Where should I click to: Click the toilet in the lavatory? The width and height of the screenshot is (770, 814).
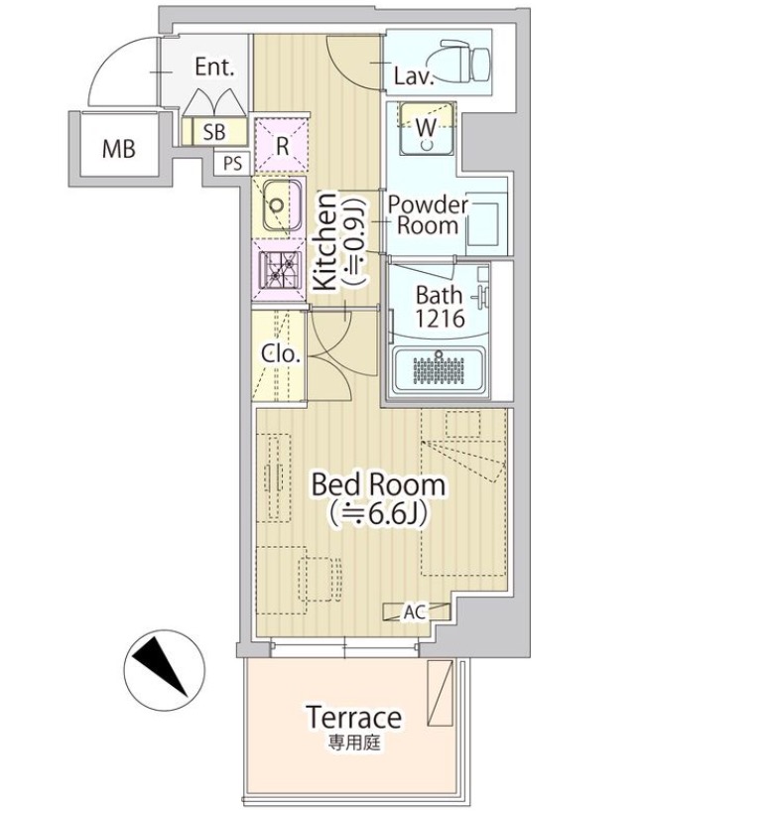point(464,61)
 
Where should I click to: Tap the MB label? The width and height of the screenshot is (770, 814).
point(118,149)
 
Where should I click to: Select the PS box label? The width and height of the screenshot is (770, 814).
point(232,164)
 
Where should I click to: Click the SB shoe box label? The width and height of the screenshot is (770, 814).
point(213,132)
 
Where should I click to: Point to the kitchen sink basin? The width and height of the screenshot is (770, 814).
point(282,205)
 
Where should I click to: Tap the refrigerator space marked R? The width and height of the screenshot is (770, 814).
point(282,145)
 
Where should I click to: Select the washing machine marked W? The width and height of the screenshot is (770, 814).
point(427,128)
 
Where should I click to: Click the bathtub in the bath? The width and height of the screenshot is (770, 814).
point(439,370)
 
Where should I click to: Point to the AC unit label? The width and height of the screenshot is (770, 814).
point(415,612)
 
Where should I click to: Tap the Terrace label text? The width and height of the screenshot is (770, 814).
point(354,718)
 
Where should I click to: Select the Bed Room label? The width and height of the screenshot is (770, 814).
point(378,484)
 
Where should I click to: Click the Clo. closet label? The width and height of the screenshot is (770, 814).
point(281,353)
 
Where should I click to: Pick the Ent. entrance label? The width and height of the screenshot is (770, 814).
point(214,67)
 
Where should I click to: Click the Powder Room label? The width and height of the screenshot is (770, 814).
point(428,215)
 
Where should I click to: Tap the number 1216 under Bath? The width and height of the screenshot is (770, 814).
point(440,319)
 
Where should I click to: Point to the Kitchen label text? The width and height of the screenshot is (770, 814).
point(326,241)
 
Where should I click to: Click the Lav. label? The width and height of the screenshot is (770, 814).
point(413,76)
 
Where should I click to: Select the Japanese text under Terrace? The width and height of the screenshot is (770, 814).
point(354,743)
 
